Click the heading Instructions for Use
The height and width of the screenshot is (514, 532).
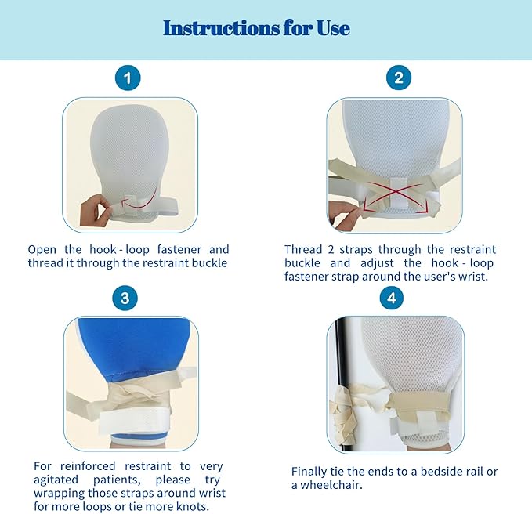[x=256, y=28]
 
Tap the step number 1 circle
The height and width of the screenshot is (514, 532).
[x=128, y=78]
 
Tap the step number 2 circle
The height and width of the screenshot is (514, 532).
[x=399, y=78]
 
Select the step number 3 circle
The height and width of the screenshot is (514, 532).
[x=125, y=299]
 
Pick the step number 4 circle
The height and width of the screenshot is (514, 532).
[x=392, y=299]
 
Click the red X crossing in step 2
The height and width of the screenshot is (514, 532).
[x=396, y=194]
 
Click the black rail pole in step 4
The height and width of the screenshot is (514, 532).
[x=341, y=383]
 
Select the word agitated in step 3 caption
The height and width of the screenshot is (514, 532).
[x=56, y=480]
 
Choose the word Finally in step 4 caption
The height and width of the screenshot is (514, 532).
[x=309, y=472]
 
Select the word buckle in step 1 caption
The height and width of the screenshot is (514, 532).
[x=209, y=263]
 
